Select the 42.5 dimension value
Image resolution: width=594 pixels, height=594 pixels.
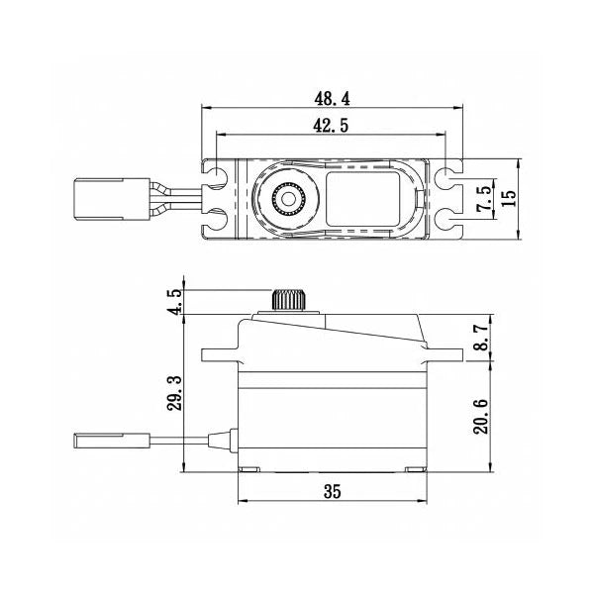pyautogui.click(x=331, y=126)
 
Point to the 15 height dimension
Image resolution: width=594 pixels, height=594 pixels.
pyautogui.click(x=509, y=197)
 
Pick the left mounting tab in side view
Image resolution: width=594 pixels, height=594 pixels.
pyautogui.click(x=220, y=353)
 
